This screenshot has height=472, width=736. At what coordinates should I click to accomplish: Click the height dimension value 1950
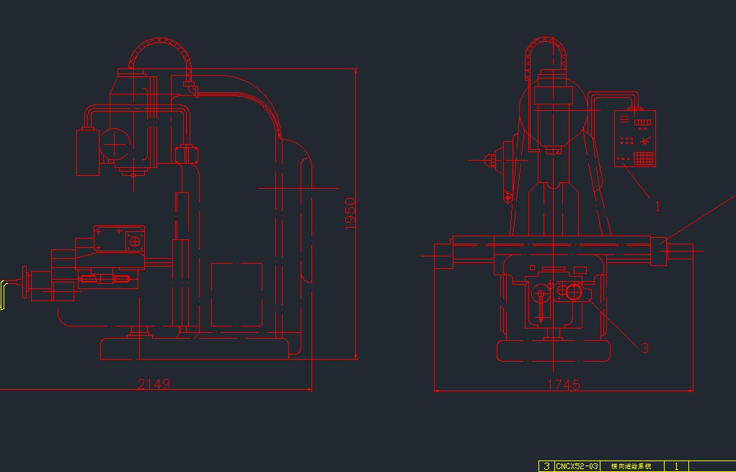click(x=350, y=213)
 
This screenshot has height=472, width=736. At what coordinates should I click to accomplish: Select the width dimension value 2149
click(x=154, y=384)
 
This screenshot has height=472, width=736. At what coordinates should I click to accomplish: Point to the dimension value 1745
click(x=563, y=386)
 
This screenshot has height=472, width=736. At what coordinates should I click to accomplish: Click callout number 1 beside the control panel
click(x=657, y=206)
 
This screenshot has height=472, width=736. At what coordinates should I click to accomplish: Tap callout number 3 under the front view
click(x=644, y=348)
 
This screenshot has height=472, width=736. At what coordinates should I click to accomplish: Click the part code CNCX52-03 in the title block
click(x=577, y=466)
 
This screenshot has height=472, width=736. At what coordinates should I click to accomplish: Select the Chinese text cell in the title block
click(x=631, y=466)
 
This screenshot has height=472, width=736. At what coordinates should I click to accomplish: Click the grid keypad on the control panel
click(x=644, y=158)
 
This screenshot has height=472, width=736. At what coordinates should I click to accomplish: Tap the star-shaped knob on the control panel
click(x=645, y=141)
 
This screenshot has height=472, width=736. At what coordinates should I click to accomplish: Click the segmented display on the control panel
click(x=642, y=123)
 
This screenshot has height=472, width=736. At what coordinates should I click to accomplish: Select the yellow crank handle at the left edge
click(x=3, y=295)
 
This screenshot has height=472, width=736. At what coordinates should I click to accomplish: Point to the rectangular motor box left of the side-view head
click(x=88, y=152)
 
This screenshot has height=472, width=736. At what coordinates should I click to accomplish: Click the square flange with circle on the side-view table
click(x=134, y=241)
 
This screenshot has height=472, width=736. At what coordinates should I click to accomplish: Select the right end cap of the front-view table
click(x=659, y=251)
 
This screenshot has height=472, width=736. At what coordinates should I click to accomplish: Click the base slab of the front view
click(x=554, y=351)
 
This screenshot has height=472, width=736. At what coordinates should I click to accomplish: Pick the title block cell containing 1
click(x=676, y=466)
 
